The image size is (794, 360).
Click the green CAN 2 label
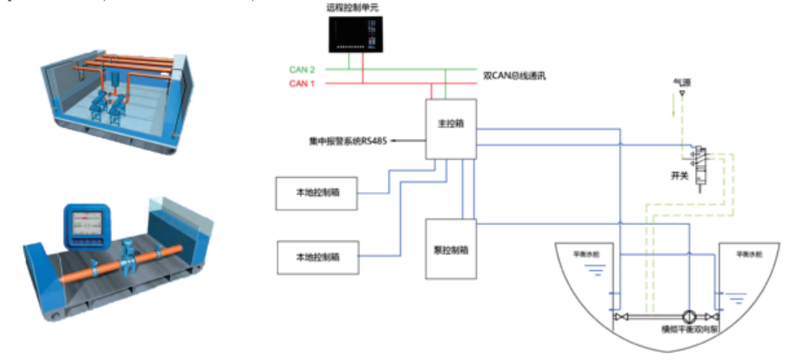[x=303, y=70]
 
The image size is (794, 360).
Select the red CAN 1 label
[x=303, y=83]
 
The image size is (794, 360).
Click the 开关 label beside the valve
[x=680, y=175]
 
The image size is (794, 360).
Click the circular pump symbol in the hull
[x=689, y=316]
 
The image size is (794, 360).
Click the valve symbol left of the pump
[x=619, y=316]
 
